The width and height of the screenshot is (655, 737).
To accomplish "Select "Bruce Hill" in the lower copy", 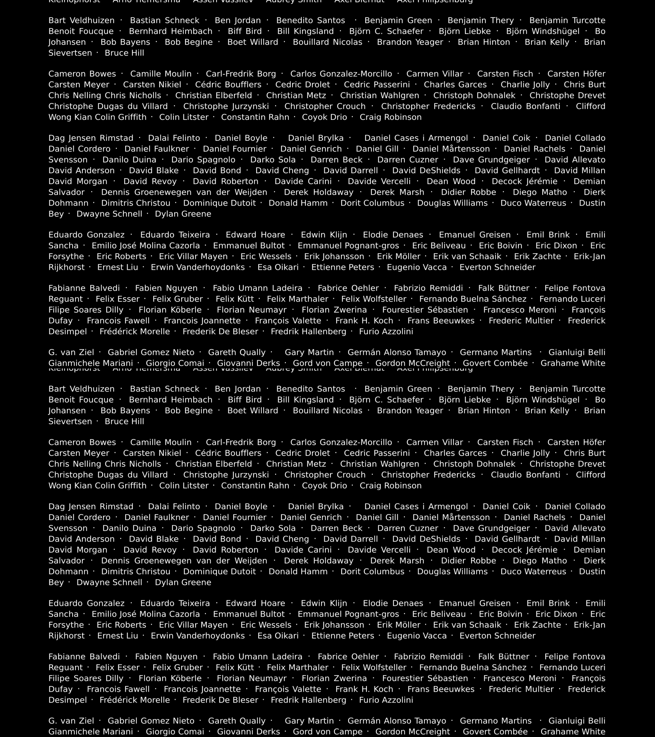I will click(124, 422).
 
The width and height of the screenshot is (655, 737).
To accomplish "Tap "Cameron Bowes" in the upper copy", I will click(82, 74).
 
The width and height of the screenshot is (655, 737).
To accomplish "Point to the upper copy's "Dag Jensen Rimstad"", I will click(91, 138).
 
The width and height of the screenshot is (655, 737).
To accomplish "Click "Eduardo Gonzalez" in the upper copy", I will click(86, 235).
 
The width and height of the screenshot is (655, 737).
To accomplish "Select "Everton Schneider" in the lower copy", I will click(497, 636).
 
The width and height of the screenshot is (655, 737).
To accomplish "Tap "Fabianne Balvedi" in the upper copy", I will click(84, 288).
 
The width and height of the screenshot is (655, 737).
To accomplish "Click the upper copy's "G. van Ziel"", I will click(71, 352).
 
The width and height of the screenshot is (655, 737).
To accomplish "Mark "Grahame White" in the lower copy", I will click(573, 732).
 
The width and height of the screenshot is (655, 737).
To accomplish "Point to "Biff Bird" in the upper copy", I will click(245, 31).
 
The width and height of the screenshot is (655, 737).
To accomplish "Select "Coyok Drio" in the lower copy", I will click(324, 486).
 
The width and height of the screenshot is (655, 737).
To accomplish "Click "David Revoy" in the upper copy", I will click(150, 181).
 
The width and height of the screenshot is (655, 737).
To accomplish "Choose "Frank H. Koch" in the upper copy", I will click(364, 321).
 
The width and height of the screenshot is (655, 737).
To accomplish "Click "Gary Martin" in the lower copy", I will click(309, 721).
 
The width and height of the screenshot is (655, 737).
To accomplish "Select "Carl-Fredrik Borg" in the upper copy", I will click(241, 74).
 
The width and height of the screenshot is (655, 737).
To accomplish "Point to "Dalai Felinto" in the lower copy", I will click(174, 507).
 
